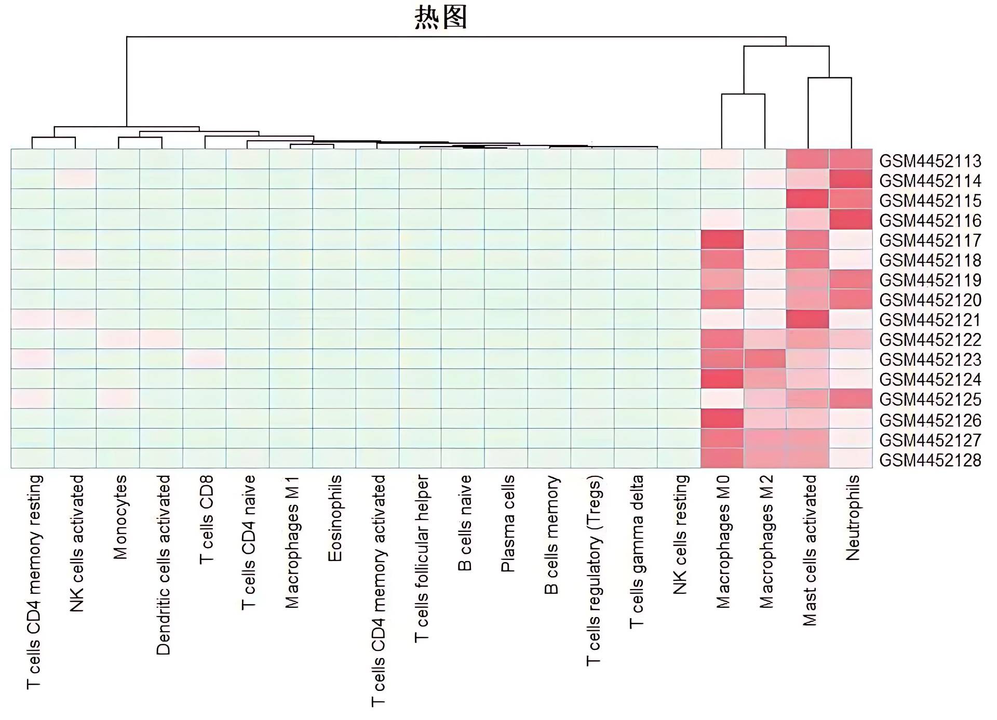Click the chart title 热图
(x=441, y=18)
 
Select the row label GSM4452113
(x=930, y=161)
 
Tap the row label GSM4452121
(x=930, y=320)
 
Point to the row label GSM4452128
(x=930, y=460)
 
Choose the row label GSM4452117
(x=930, y=241)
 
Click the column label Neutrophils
(x=852, y=518)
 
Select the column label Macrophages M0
(x=723, y=542)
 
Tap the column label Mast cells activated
(x=809, y=550)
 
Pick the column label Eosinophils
(x=335, y=518)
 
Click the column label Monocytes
(x=120, y=517)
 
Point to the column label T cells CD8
(x=206, y=519)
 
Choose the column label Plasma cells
(x=507, y=524)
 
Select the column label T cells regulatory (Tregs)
(x=594, y=570)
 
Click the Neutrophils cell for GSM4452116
(x=851, y=219)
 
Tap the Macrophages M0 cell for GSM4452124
(x=722, y=379)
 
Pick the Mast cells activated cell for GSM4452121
(x=807, y=319)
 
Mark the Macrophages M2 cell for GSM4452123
(x=765, y=359)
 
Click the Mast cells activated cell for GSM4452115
(x=807, y=199)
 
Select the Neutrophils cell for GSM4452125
(x=851, y=399)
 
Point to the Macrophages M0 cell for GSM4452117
(x=722, y=239)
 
